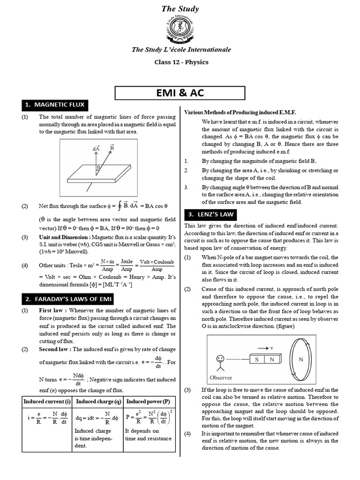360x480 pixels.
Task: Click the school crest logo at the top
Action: coord(180,30)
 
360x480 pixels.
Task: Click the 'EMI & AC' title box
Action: coord(180,92)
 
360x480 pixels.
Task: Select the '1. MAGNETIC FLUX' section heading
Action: coord(54,105)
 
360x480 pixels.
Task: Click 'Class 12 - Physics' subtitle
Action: coord(181,62)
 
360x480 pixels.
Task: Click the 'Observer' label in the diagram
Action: coord(221,377)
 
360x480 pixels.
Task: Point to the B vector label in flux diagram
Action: coord(112,148)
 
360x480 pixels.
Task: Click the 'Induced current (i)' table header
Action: coord(47,402)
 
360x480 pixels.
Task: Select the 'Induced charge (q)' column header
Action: coord(98,402)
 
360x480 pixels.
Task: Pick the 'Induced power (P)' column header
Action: coord(148,402)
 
